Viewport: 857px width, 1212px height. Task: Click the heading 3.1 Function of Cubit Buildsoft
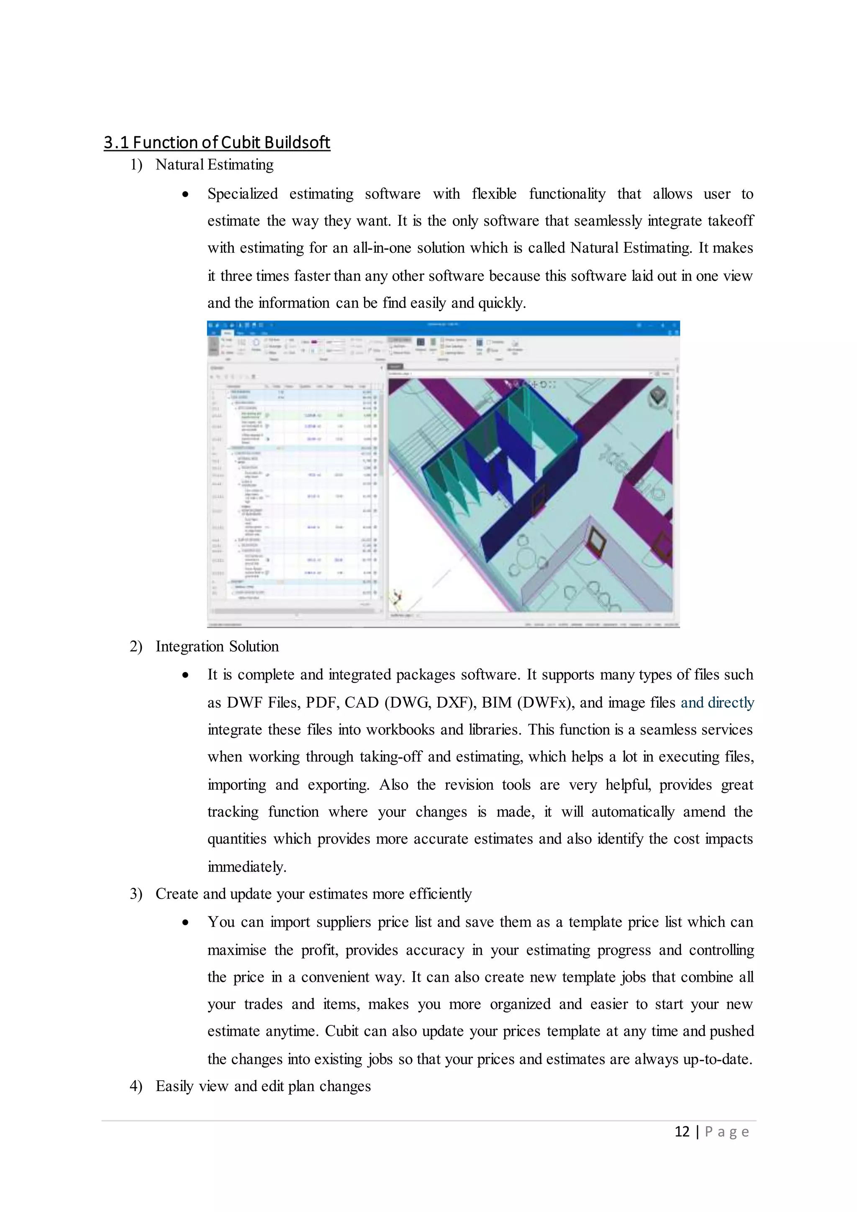tap(216, 143)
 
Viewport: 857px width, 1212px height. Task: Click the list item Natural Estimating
tap(214, 165)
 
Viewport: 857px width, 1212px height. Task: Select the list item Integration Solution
tap(217, 647)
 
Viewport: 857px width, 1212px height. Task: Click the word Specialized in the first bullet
tap(242, 194)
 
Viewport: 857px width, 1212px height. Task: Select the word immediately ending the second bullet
tap(246, 867)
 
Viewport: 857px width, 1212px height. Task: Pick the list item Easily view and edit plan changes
tap(263, 1086)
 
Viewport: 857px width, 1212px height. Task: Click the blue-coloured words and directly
tap(717, 703)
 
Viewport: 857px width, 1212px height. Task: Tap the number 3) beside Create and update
tap(136, 894)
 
